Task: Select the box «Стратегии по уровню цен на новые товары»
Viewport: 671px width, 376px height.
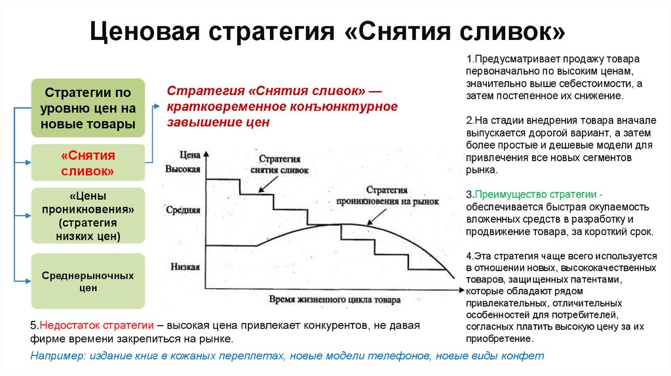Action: coord(88,107)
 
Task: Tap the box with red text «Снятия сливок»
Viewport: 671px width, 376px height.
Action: coord(88,163)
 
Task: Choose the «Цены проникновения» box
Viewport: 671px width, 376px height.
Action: coord(88,216)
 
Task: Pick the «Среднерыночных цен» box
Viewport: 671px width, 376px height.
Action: coord(88,281)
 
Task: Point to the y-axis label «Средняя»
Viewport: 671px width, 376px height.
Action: coord(183,212)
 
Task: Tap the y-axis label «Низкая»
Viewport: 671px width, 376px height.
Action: coord(185,267)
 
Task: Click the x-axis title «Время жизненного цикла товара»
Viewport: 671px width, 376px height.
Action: coord(332,299)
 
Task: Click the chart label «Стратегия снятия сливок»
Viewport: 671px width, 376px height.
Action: coord(279,164)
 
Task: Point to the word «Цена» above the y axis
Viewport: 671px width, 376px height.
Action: coord(189,154)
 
